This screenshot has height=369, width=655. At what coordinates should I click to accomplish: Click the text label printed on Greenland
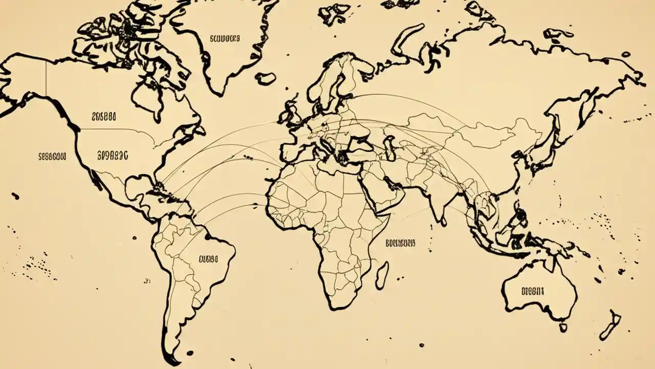tap(224, 38)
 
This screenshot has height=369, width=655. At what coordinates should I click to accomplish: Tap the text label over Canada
tap(103, 117)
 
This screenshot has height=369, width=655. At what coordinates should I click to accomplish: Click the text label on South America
tap(208, 259)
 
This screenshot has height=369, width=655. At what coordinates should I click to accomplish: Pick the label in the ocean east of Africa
tap(400, 243)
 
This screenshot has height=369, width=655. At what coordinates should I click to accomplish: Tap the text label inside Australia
tap(532, 291)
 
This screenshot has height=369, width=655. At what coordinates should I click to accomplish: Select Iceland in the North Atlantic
tap(266, 78)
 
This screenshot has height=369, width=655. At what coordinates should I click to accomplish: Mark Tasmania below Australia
tap(563, 326)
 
